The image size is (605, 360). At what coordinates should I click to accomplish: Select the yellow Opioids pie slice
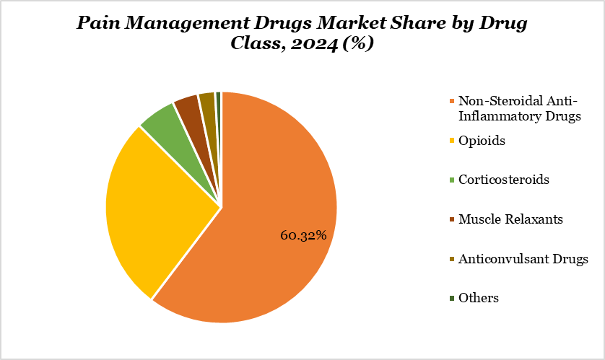tap(155, 209)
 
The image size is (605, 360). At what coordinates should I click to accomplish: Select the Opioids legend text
tap(482, 140)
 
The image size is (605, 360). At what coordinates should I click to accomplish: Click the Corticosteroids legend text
tap(503, 179)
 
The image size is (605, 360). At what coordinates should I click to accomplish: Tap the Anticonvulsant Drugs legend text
tap(523, 258)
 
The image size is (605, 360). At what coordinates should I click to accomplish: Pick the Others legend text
tap(478, 297)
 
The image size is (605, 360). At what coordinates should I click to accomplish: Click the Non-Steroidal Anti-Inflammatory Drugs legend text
tap(519, 108)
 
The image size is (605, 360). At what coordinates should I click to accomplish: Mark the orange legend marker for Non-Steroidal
tap(452, 101)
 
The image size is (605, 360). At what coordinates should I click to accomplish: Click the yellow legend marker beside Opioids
tap(452, 141)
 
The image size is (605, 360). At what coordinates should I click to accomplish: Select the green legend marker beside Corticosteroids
tap(452, 180)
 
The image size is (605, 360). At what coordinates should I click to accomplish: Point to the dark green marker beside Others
tap(452, 298)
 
